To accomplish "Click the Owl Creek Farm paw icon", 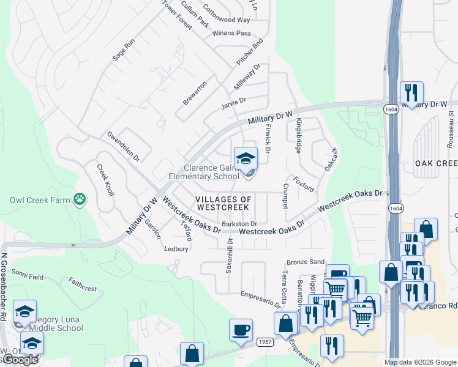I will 79,199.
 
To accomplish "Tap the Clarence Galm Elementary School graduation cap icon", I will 246,158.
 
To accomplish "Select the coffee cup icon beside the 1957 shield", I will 241,330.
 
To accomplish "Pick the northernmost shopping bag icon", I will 426,229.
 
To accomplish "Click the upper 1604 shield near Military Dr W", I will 391,109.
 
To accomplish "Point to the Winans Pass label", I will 232,32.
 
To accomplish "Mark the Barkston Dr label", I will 239,224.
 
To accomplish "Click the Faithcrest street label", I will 83,284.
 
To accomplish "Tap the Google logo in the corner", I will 20,360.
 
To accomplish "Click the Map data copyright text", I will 419,362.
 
